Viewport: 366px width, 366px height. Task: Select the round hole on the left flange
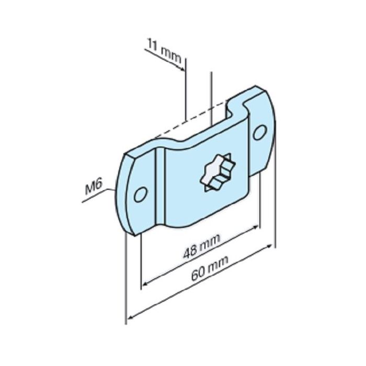tap(140, 195)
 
